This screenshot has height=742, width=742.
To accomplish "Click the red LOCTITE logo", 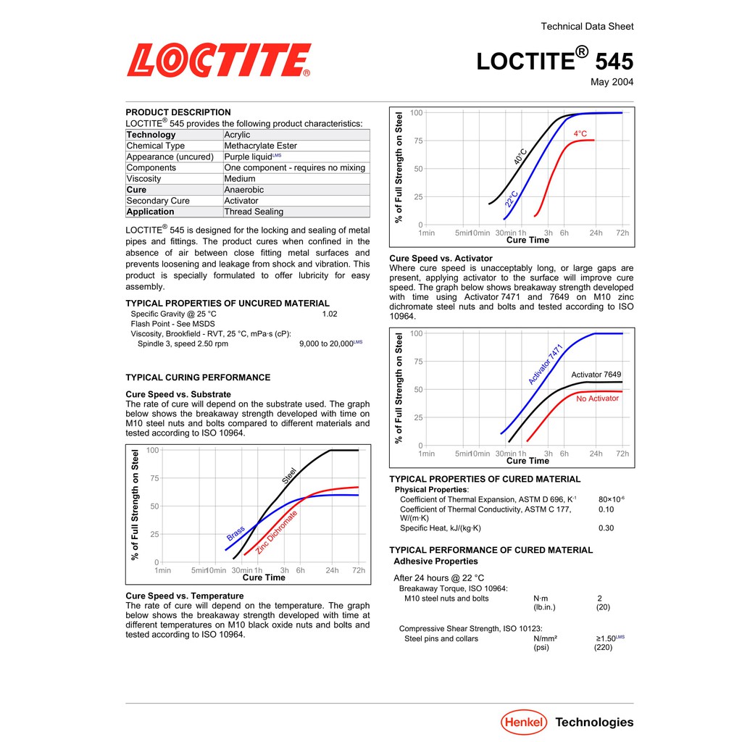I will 219,60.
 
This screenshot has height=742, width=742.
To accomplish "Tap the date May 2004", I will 612,82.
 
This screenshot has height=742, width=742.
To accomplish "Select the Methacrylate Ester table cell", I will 260,146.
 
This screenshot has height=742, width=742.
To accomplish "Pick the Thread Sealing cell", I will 254,212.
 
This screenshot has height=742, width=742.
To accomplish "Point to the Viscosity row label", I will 143,179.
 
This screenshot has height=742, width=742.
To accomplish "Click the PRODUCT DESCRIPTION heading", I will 178,112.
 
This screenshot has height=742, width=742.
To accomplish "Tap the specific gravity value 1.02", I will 330,314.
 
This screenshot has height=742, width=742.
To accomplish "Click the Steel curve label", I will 289,476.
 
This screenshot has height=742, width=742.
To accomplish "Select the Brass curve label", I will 235,533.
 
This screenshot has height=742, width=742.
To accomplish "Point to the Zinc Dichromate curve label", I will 277,533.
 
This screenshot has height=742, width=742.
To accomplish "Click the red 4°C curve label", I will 580,134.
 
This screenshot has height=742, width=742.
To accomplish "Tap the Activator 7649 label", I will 596,375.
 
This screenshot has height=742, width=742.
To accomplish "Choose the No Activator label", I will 598,399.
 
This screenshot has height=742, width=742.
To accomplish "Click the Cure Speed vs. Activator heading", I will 441,259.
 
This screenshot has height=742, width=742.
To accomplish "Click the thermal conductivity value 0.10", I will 606,509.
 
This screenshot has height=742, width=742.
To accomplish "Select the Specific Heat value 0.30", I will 606,528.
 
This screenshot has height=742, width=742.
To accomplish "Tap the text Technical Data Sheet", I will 587,27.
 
